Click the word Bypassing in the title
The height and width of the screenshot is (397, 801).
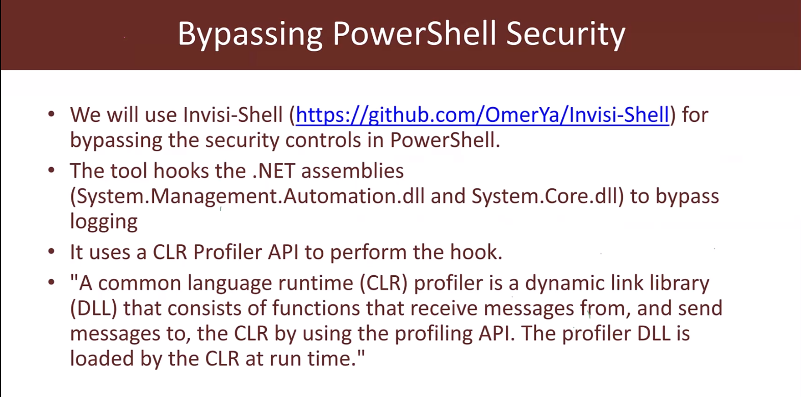(250, 34)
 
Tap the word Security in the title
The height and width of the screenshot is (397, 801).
(566, 34)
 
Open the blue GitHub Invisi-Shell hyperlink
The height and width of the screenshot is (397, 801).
(482, 115)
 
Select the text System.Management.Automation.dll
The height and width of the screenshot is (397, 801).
(251, 196)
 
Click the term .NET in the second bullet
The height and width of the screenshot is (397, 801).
(274, 170)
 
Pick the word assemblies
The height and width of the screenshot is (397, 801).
(352, 170)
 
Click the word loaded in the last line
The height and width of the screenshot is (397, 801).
(101, 358)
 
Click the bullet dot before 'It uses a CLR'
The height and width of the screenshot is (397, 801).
(51, 251)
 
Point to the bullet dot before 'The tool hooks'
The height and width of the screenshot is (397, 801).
(51, 170)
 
